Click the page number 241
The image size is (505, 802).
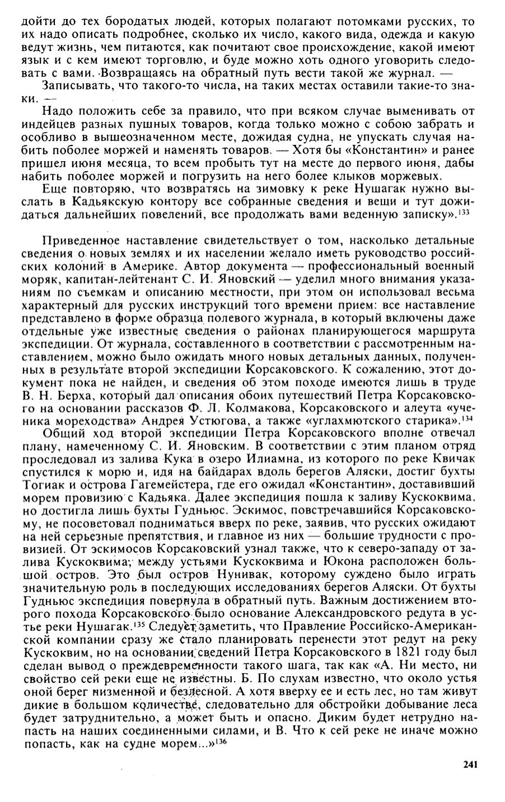pyautogui.click(x=469, y=765)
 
